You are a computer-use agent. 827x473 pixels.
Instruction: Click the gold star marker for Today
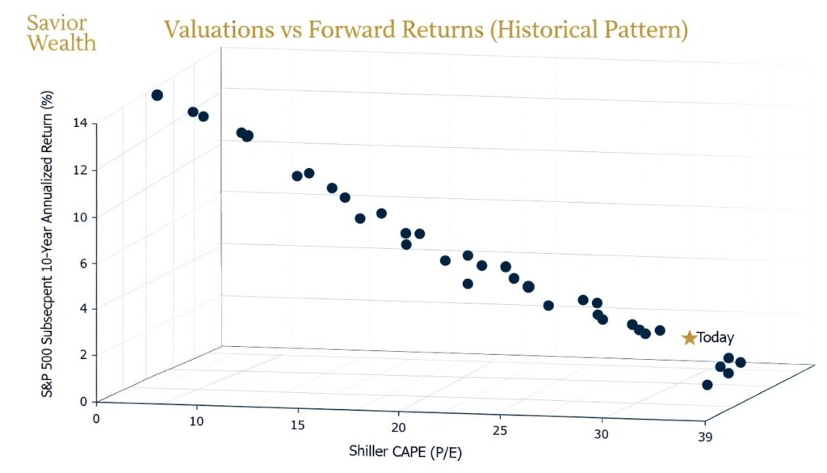coord(689,338)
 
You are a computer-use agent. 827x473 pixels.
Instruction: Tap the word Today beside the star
coord(716,338)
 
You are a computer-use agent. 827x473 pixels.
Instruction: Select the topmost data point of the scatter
coord(157,95)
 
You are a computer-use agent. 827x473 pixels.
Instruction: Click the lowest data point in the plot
coord(707,385)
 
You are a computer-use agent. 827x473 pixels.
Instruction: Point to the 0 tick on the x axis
coord(97,418)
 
